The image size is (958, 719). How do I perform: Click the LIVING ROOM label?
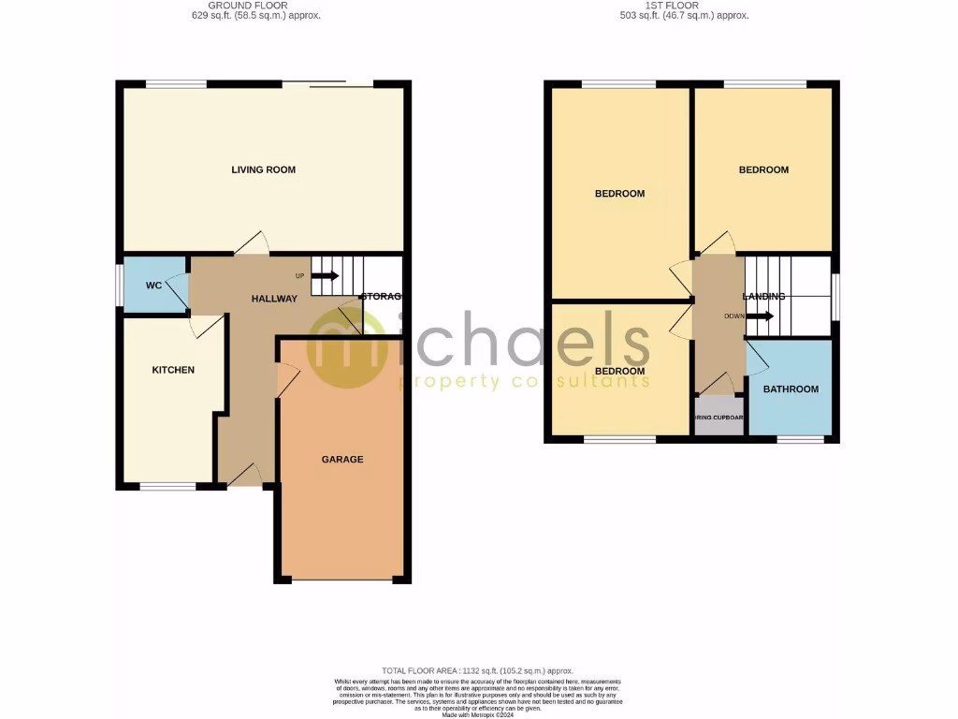263,169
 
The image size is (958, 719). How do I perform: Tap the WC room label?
154,286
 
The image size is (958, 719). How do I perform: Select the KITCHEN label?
173,370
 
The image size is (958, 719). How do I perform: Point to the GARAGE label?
342,459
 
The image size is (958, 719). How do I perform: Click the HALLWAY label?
274,299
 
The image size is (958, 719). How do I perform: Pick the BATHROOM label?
791,389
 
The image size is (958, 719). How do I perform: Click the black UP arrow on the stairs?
325,275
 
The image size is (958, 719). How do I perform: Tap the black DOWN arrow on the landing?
760,316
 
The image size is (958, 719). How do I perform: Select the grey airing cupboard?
718,417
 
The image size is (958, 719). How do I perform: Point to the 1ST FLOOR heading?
686,6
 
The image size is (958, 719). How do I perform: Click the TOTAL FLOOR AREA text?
479,671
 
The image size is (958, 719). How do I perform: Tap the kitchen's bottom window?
168,486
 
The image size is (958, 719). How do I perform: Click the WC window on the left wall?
119,285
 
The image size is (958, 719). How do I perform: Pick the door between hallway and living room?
251,245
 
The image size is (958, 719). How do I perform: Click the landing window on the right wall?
835,297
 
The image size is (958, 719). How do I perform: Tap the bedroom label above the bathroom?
763,169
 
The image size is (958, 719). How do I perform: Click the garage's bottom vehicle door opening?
342,580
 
